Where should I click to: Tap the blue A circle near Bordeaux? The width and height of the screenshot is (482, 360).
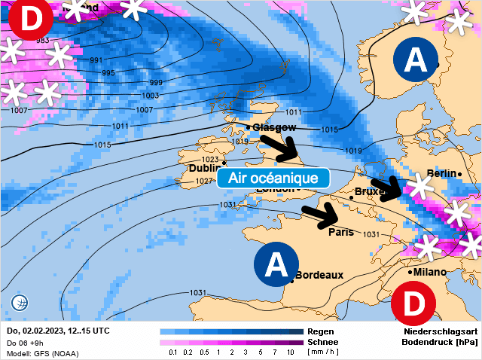[x=276, y=264]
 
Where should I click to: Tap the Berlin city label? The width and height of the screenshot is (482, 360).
[x=442, y=174]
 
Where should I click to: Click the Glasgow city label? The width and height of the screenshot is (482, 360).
[x=274, y=127]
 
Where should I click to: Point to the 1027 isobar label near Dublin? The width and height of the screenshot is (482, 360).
[x=203, y=182]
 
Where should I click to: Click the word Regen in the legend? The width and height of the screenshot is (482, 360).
[x=320, y=331]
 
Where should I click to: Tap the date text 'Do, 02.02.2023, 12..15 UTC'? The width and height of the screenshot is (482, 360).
[x=58, y=331]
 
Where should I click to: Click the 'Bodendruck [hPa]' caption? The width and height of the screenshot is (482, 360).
[x=440, y=341]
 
